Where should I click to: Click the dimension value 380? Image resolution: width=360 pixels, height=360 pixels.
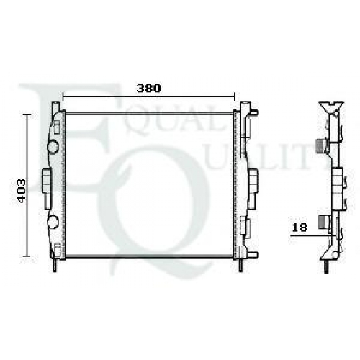(x=148, y=89)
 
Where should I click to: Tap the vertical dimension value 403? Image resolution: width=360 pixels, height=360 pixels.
(x=22, y=191)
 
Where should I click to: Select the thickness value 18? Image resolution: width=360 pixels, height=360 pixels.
(x=300, y=228)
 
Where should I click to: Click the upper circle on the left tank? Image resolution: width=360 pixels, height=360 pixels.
(x=53, y=147)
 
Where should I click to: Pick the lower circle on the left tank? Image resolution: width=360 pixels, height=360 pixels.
(x=53, y=222)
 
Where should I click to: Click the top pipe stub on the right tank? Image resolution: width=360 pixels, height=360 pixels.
(x=254, y=112)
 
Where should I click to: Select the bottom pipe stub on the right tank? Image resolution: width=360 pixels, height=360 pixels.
(x=254, y=254)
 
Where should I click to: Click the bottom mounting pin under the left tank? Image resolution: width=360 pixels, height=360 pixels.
(x=55, y=265)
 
